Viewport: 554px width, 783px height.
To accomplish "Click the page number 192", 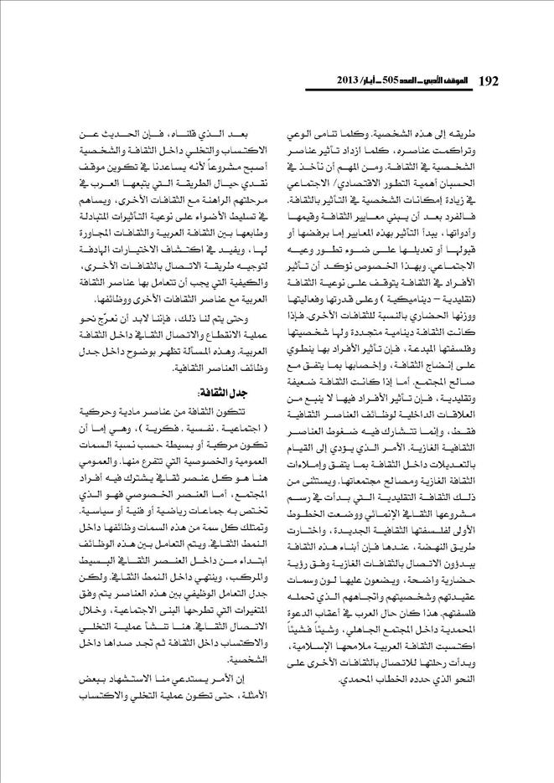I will pos(487,80).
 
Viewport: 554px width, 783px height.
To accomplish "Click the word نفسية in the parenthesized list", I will pos(207,427).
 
